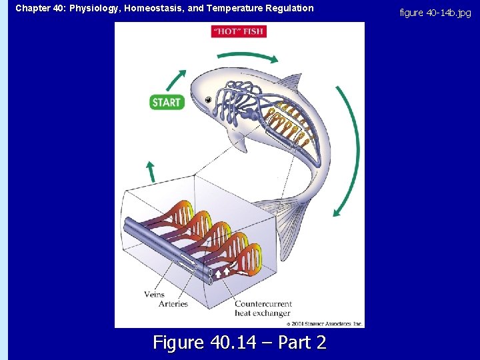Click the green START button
click(x=166, y=102)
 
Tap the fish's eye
click(x=209, y=99)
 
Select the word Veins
click(x=153, y=295)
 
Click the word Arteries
click(x=173, y=304)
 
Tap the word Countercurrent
click(x=262, y=304)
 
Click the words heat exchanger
click(x=262, y=313)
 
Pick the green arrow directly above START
click(x=175, y=79)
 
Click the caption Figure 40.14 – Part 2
click(x=239, y=343)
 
